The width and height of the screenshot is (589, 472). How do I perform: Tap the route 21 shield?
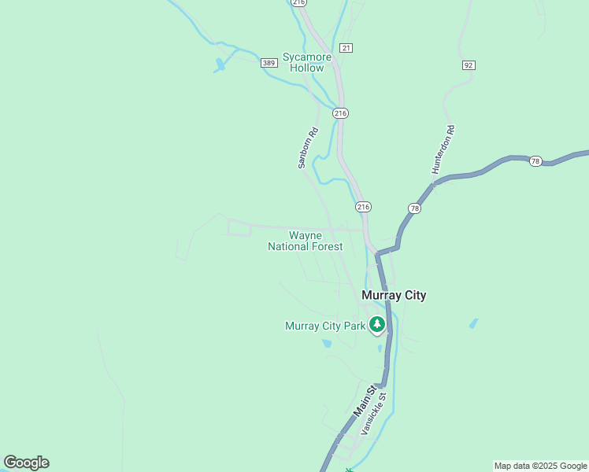tap(347, 48)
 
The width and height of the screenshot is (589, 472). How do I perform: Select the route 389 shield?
tap(269, 63)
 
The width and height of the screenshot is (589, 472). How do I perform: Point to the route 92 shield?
tap(469, 65)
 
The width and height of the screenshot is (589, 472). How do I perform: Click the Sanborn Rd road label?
tap(308, 148)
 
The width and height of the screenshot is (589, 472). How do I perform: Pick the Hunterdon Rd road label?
tap(444, 149)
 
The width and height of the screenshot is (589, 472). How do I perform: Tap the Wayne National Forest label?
tap(305, 241)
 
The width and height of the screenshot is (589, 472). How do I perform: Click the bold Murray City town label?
tap(394, 296)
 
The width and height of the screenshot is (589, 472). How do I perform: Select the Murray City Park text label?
tap(325, 326)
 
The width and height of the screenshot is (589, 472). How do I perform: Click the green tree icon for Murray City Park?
tap(377, 324)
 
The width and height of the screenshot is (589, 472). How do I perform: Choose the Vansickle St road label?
tap(374, 415)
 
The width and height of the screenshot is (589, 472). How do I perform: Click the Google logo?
tap(26, 463)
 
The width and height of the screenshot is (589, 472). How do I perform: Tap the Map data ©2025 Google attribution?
tap(540, 466)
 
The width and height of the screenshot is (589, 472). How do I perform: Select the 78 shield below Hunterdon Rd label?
tap(415, 208)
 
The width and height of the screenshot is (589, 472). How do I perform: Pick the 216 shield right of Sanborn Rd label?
tap(340, 113)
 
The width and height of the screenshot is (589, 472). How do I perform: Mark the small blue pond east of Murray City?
tap(473, 323)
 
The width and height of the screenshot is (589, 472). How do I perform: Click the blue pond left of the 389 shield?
tap(220, 66)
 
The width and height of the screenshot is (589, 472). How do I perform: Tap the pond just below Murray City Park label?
tap(327, 344)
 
